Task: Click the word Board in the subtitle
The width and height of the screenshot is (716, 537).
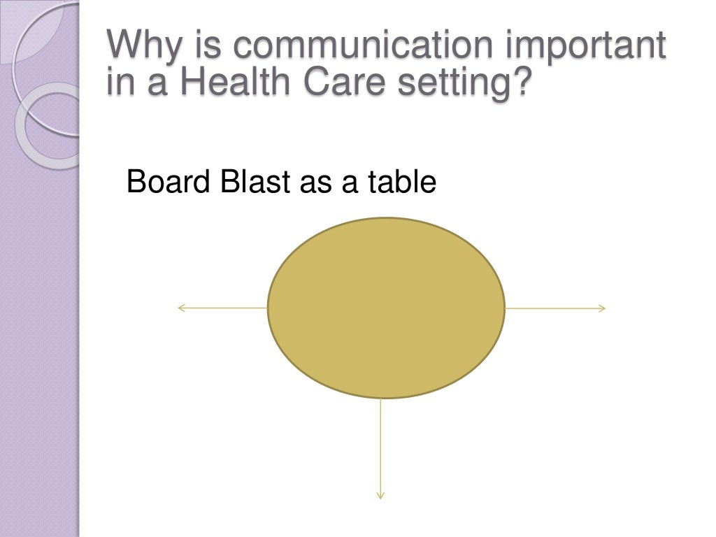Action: [x=168, y=182]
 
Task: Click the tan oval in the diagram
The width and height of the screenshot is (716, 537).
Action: [x=386, y=308]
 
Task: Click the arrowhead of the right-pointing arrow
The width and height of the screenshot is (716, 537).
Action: [x=603, y=308]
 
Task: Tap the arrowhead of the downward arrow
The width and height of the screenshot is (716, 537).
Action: [x=380, y=496]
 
